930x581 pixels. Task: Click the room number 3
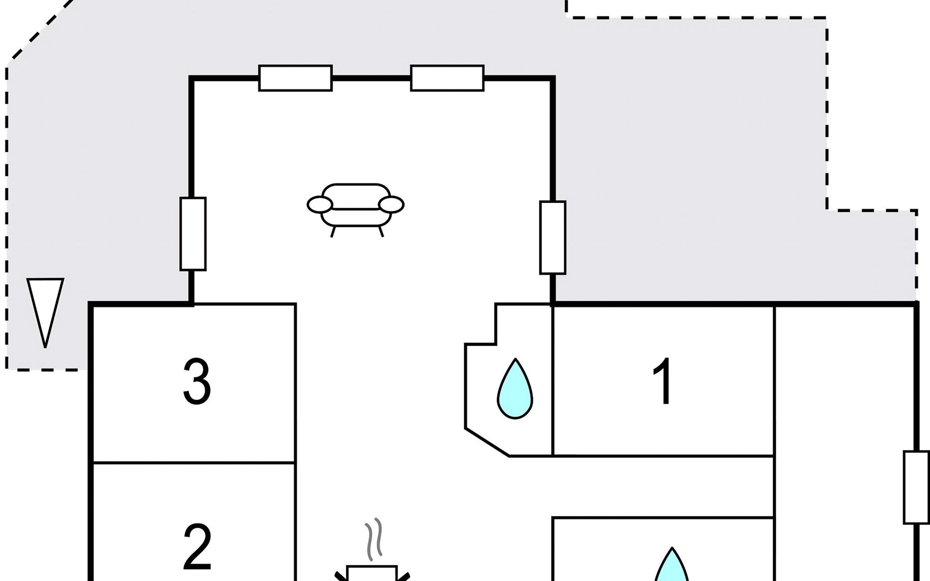coord(197,382)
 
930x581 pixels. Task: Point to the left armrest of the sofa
coord(320,205)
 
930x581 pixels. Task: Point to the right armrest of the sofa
coord(391,205)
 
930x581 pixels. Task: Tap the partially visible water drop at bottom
coord(671,566)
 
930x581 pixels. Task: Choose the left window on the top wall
coord(295,78)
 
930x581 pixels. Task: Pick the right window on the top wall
coord(447,78)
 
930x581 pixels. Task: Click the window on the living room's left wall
coord(193,233)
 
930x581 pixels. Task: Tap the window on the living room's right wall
coord(553,237)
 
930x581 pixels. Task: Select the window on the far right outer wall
coord(916,487)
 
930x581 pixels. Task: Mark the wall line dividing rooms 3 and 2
coord(194,463)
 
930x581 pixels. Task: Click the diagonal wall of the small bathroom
coord(487,442)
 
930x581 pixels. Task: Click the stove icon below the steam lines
coord(372,573)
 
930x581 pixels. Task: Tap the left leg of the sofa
coord(333,231)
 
